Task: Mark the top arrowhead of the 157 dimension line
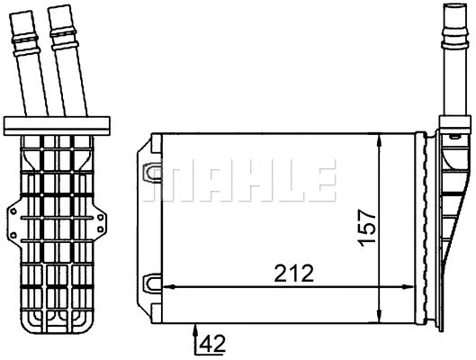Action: [381, 139]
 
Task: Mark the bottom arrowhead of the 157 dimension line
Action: [381, 309]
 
